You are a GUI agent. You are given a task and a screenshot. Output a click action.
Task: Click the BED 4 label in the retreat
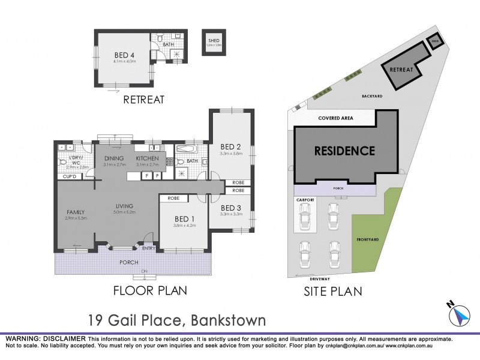point(125,54)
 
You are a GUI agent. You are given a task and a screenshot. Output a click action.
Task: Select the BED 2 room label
point(230,146)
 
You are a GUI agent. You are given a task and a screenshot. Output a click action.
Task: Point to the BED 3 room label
point(230,207)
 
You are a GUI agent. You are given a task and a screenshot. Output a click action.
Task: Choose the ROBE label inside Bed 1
point(175,198)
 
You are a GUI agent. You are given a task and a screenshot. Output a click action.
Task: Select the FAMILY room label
point(76,212)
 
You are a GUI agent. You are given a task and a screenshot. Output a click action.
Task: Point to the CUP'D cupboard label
point(70,176)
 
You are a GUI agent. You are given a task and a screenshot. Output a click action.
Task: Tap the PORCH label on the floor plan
point(128,262)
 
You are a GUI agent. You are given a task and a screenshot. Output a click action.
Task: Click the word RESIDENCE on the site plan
point(344,151)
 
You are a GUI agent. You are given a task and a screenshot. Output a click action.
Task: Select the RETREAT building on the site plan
point(401,70)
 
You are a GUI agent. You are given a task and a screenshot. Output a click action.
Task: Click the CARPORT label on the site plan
point(304,199)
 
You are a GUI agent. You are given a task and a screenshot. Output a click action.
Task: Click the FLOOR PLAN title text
point(150,290)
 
